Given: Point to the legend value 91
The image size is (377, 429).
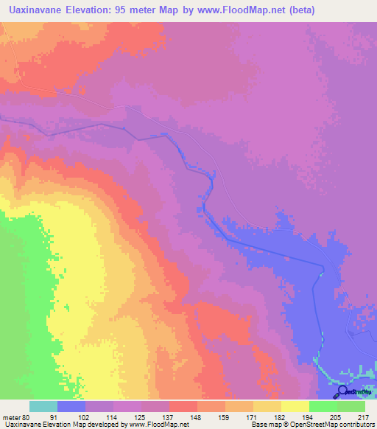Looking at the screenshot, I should (54, 417).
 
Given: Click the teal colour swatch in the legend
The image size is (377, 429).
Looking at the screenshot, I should (43, 406).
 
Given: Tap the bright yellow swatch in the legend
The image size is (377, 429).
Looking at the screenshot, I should (295, 406).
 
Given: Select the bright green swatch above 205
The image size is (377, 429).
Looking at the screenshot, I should (323, 406).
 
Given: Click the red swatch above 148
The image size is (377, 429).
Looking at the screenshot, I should (183, 406).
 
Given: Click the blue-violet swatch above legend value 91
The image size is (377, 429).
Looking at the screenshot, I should (71, 406).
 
